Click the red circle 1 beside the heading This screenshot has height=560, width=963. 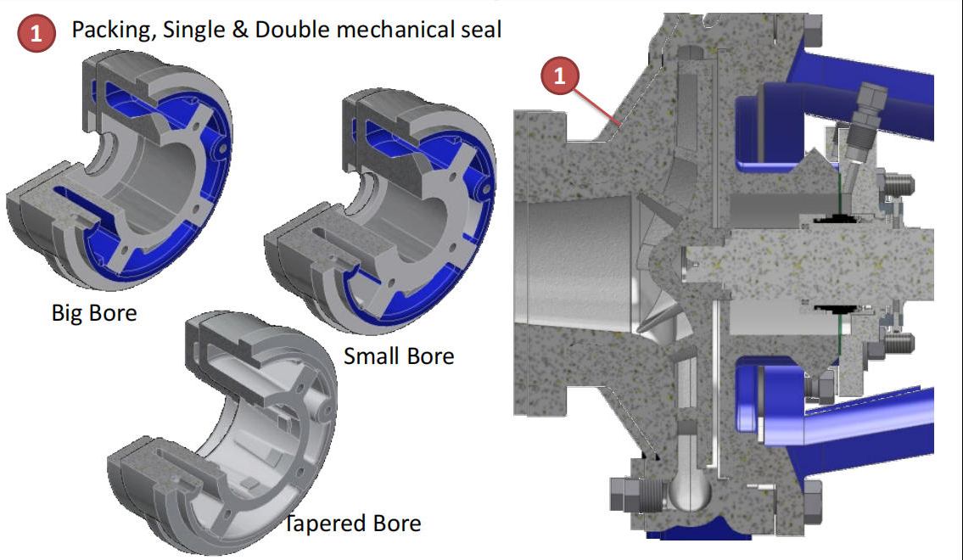(x=35, y=33)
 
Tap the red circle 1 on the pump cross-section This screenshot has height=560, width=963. (x=559, y=76)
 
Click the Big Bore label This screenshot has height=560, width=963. (x=93, y=313)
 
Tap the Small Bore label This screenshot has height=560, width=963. (x=398, y=356)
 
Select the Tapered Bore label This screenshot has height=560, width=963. (x=351, y=523)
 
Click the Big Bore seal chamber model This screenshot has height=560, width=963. (x=119, y=170)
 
